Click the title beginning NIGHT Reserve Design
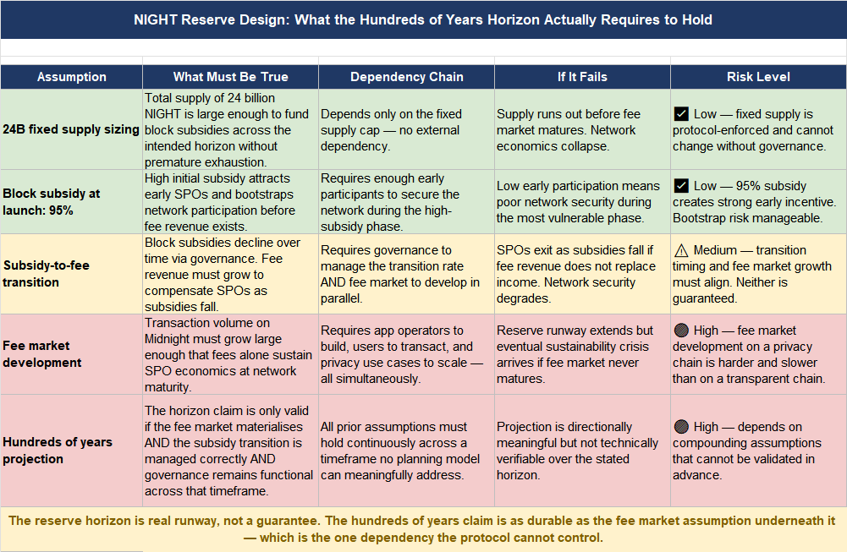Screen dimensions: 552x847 [423, 19]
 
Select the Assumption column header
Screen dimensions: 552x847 [72, 77]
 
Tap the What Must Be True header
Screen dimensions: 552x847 [230, 77]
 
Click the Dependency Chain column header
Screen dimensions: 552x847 [406, 77]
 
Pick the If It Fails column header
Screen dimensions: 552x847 [582, 77]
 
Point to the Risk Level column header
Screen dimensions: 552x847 [758, 77]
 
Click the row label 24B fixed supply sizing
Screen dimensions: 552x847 [71, 129]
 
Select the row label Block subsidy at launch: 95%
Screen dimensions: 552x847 [52, 201]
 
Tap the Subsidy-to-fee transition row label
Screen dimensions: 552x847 [46, 273]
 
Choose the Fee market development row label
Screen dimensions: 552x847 [42, 354]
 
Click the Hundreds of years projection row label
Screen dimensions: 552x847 [58, 451]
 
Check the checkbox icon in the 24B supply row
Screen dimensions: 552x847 [681, 114]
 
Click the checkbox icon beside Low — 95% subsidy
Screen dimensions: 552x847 [681, 186]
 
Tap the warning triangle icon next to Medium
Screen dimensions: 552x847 [681, 250]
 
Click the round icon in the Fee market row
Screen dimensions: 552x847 [681, 331]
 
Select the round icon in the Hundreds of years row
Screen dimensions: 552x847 [681, 427]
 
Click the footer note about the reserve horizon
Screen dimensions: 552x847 [423, 529]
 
